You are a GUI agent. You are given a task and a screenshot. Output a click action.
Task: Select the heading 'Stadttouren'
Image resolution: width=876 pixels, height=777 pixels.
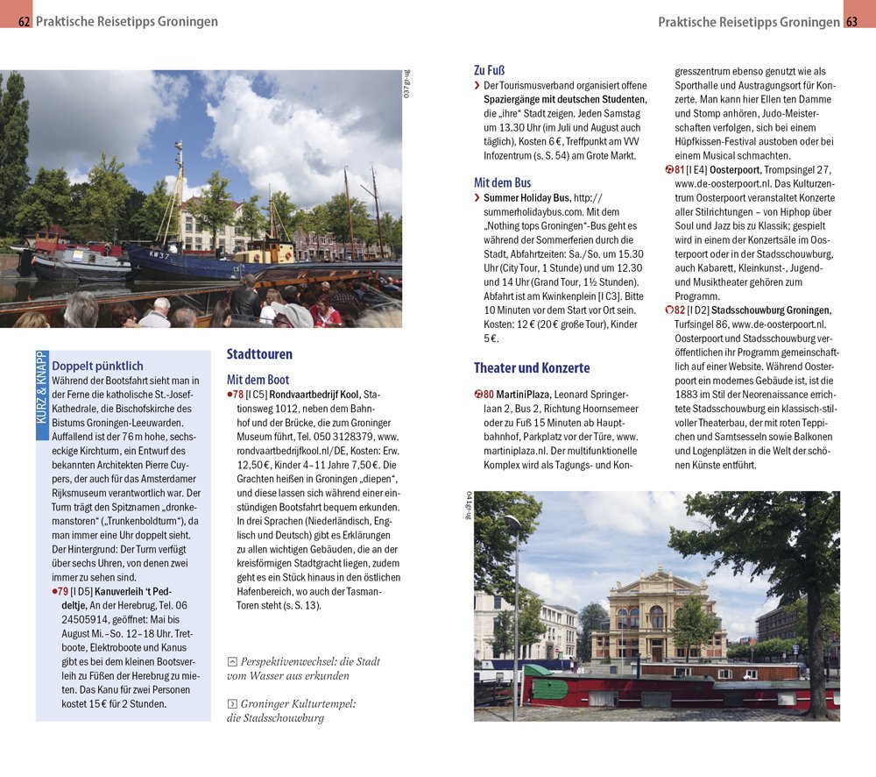click(x=259, y=354)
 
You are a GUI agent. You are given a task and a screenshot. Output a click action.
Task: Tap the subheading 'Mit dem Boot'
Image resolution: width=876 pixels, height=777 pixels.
click(x=258, y=380)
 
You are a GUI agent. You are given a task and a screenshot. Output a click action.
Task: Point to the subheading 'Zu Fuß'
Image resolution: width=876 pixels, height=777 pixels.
click(x=489, y=70)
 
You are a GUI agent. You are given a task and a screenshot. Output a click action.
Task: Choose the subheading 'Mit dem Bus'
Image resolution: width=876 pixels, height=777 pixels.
click(x=502, y=182)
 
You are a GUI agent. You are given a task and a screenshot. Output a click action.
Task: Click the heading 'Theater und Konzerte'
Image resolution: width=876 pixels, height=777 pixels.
click(x=532, y=367)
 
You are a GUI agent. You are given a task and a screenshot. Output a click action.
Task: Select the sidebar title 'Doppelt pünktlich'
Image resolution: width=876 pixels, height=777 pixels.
click(x=97, y=366)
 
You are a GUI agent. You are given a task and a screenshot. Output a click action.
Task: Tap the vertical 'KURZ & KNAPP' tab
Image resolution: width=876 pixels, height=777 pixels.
click(x=42, y=388)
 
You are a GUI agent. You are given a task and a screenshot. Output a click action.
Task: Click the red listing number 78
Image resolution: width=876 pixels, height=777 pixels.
click(x=238, y=395)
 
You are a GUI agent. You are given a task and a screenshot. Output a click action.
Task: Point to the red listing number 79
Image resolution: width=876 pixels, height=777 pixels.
click(x=62, y=591)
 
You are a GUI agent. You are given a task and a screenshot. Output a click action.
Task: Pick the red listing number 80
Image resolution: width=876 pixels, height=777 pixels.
click(x=487, y=394)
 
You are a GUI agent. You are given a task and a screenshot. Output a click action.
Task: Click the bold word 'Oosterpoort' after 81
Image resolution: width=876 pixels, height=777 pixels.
click(x=734, y=169)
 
